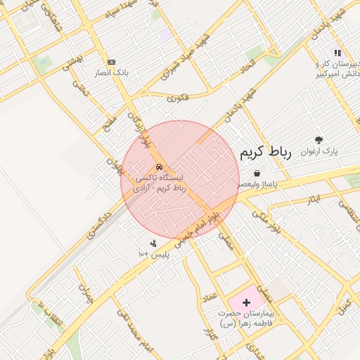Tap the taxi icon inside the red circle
(x=160, y=167)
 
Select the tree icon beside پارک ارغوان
(x=319, y=141)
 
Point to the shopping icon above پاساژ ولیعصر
(x=257, y=173)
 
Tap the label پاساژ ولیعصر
(x=257, y=184)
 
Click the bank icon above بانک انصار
(x=110, y=62)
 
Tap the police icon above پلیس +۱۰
(x=153, y=243)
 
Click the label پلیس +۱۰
(x=153, y=254)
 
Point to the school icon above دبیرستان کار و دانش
(x=337, y=52)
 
